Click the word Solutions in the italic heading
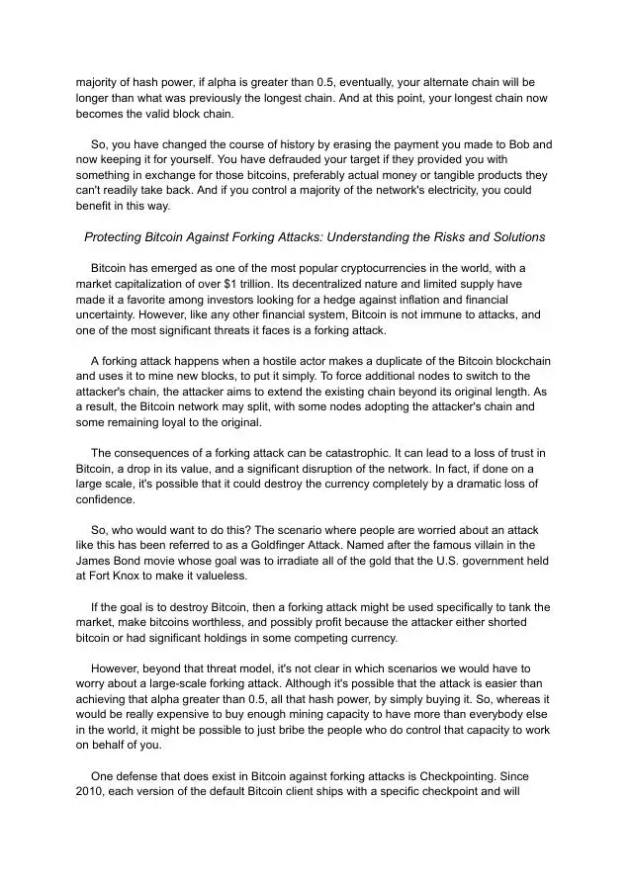(x=516, y=237)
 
